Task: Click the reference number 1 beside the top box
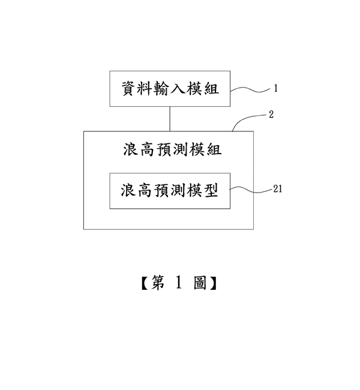click(275, 89)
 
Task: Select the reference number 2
click(271, 114)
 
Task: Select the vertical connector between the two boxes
click(171, 118)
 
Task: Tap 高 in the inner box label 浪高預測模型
click(145, 191)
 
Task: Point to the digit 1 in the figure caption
click(179, 283)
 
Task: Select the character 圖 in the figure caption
click(200, 283)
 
